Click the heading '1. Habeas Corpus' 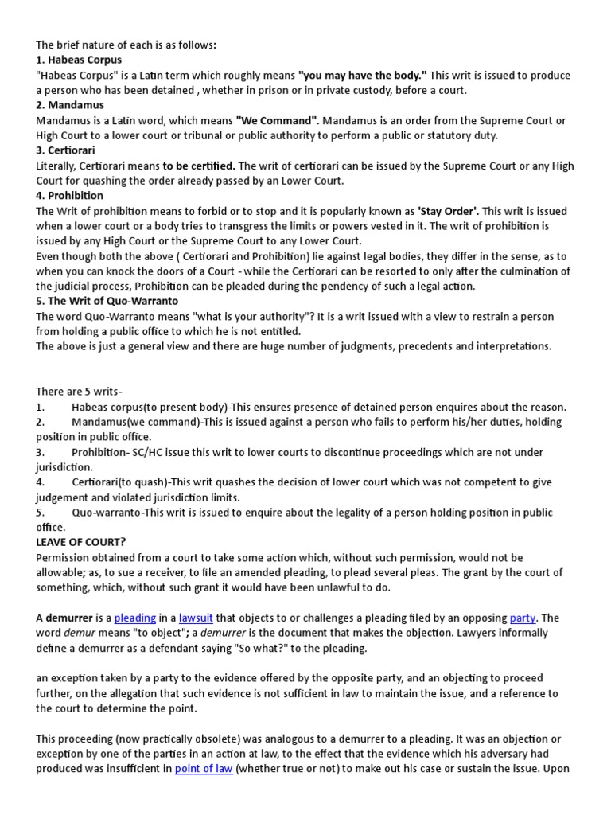79,60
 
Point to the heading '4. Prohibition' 69,195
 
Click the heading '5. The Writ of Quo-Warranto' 107,301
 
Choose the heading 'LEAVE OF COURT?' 81,542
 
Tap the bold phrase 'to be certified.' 199,166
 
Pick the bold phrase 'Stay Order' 449,211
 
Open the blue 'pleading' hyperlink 136,618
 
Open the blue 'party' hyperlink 523,618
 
